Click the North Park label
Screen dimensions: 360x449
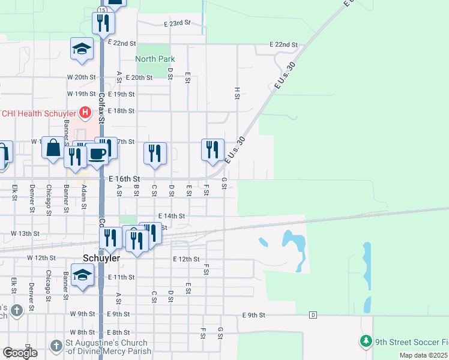(155, 59)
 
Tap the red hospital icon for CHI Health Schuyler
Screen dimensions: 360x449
(85, 112)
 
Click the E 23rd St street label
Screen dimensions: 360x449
(176, 23)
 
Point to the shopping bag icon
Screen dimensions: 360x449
(53, 147)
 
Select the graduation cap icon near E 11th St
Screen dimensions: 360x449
(82, 275)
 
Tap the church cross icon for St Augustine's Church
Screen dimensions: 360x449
(56, 346)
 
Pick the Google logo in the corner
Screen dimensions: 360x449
(19, 353)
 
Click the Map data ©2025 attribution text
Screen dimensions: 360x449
(423, 355)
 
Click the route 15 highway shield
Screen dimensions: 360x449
(103, 11)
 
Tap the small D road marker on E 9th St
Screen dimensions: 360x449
(313, 315)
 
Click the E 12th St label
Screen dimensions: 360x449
(185, 259)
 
